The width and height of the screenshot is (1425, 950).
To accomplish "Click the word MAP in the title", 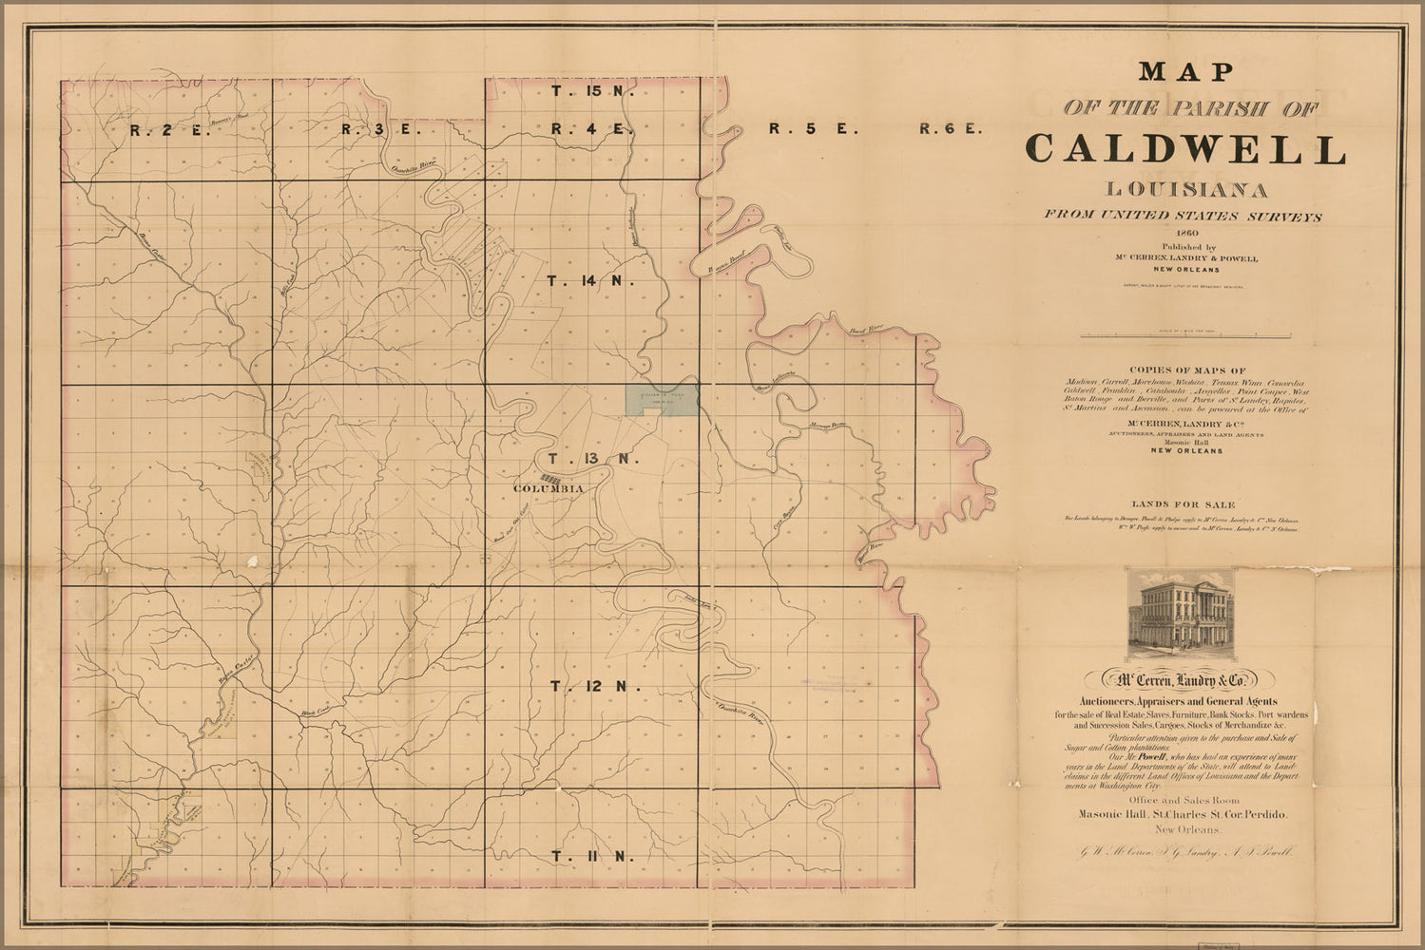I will (x=1185, y=71).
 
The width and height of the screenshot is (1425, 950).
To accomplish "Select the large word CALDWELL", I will (x=1185, y=149).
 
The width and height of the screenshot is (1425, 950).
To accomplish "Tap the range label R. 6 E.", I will (x=950, y=128).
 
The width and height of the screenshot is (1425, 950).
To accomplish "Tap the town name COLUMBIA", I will (x=548, y=488).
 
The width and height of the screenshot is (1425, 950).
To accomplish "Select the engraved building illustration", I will (x=1180, y=617).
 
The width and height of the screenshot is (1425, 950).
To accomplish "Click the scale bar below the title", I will (x=1184, y=335).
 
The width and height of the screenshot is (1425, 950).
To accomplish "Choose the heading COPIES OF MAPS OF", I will (x=1185, y=370).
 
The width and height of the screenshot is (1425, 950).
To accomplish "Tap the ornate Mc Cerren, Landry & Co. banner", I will (x=1179, y=680).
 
